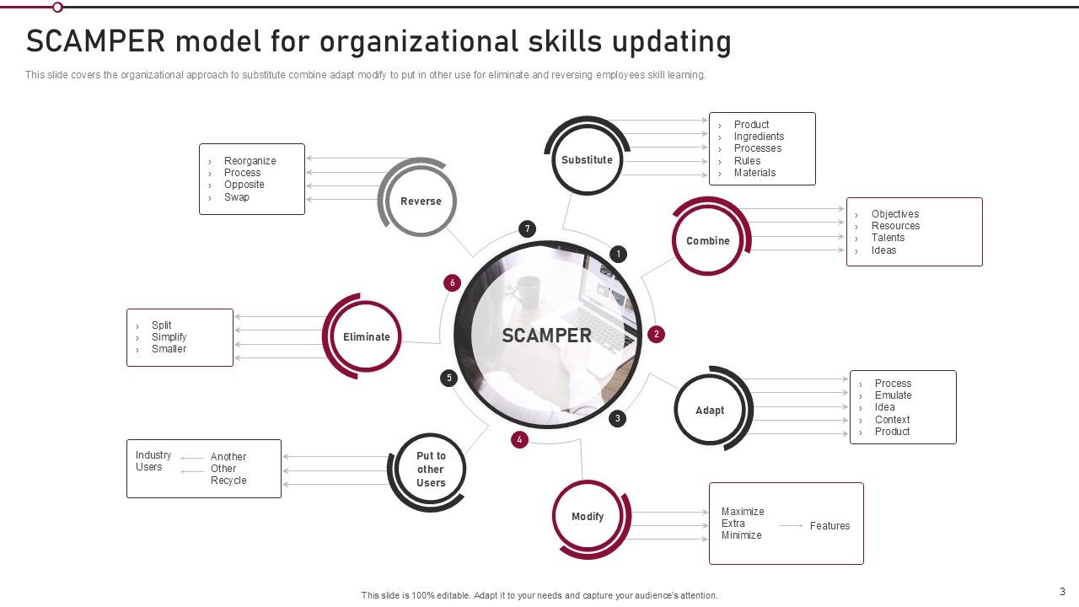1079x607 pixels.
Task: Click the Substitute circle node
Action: (x=588, y=160)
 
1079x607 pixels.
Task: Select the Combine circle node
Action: (x=708, y=241)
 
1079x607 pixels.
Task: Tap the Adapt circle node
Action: (x=710, y=411)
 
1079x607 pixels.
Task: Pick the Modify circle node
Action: (x=588, y=517)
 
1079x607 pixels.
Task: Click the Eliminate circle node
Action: (x=367, y=337)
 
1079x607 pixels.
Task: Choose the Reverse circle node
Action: (x=421, y=201)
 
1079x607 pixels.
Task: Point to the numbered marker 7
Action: (x=527, y=229)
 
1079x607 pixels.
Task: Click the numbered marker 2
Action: (x=656, y=335)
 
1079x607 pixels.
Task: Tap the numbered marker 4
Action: (x=519, y=439)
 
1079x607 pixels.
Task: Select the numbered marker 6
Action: (x=453, y=283)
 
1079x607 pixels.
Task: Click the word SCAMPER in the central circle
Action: (x=547, y=336)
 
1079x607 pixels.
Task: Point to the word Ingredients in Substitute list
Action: (x=759, y=137)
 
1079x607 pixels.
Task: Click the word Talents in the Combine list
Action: (x=888, y=238)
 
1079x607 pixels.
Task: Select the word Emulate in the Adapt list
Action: (x=893, y=395)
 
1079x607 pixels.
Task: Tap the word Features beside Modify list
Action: (x=829, y=526)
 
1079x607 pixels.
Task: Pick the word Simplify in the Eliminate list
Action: (x=169, y=337)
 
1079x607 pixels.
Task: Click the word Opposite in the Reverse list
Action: (x=244, y=185)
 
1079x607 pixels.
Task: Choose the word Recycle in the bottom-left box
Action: (x=228, y=481)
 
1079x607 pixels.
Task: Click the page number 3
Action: (x=1062, y=592)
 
